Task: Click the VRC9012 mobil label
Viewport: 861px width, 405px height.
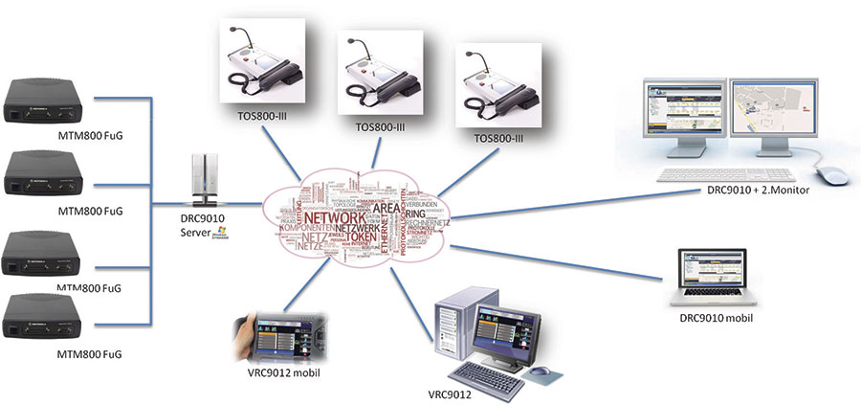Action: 274,372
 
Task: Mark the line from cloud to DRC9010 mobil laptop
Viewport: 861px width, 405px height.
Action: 564,264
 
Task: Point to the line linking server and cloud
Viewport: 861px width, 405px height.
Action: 244,203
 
